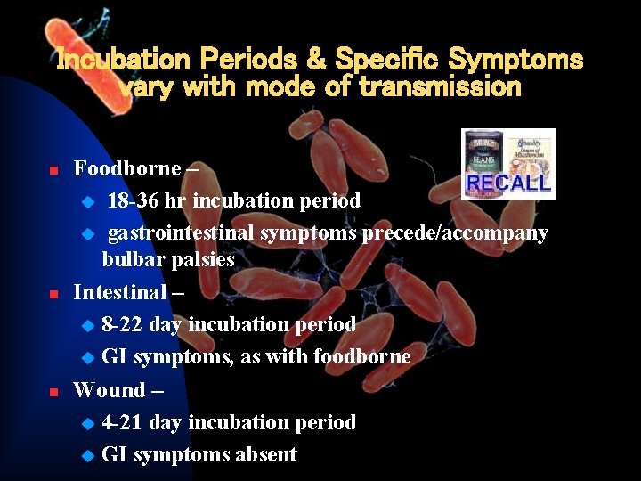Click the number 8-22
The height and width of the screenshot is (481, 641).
click(x=123, y=325)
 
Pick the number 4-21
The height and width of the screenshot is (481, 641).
click(x=123, y=423)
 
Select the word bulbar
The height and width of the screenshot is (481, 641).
click(x=130, y=260)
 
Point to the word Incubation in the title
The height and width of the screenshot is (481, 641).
click(x=124, y=61)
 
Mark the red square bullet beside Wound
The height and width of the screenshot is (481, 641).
click(x=53, y=391)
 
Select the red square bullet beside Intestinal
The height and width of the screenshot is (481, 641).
click(x=53, y=293)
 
